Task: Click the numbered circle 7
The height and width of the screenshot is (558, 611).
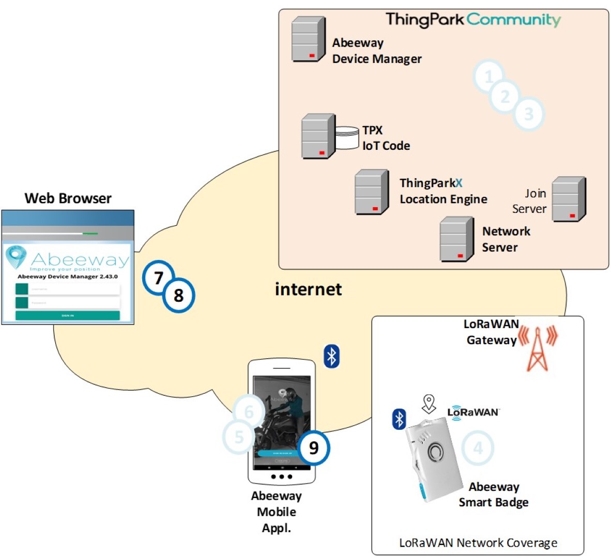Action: click(158, 278)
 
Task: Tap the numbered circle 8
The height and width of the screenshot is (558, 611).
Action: click(179, 296)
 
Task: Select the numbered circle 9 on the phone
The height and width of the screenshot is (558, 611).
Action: click(313, 447)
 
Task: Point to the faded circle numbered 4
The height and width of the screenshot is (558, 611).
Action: click(478, 448)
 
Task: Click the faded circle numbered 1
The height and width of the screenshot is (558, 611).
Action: click(488, 77)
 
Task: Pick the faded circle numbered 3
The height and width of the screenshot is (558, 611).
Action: click(528, 114)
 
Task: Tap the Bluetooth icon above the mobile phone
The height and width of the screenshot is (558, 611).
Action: click(331, 356)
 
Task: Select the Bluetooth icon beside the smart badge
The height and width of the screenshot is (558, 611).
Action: click(399, 419)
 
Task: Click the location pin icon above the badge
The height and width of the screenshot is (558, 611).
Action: click(429, 404)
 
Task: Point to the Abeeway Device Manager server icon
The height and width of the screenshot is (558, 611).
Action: click(308, 39)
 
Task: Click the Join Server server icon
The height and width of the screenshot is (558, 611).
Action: click(569, 199)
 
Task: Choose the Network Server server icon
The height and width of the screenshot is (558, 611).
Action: click(456, 239)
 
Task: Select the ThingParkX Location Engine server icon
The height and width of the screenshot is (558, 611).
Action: click(372, 192)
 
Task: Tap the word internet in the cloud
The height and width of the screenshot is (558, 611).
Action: click(308, 289)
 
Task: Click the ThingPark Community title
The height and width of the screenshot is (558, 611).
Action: click(473, 20)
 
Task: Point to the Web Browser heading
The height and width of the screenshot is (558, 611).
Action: click(68, 198)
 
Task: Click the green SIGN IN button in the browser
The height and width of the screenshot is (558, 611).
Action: click(68, 315)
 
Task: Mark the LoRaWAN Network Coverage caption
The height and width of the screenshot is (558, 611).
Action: click(478, 543)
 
